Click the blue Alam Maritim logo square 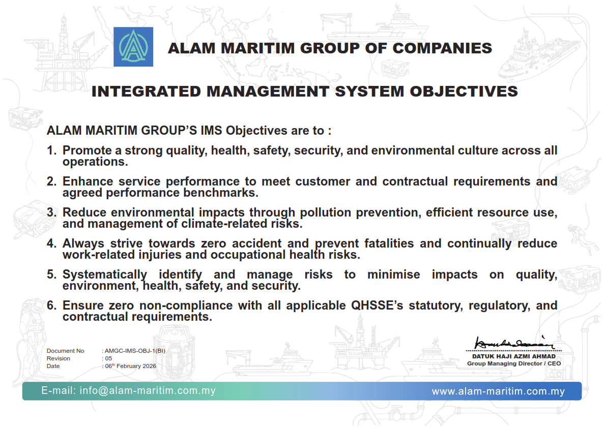[133, 47]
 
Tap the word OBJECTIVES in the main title [464, 91]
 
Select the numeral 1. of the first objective [52, 150]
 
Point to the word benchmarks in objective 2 [221, 193]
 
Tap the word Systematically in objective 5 [105, 274]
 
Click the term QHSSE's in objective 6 [377, 305]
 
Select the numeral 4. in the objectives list [52, 243]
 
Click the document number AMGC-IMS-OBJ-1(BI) [135, 351]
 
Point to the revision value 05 [108, 358]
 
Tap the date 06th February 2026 [131, 366]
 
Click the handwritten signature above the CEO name [514, 343]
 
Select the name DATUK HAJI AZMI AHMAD [514, 357]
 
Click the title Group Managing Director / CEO [514, 363]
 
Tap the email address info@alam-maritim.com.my [148, 390]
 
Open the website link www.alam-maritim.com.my [498, 391]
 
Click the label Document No [65, 351]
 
